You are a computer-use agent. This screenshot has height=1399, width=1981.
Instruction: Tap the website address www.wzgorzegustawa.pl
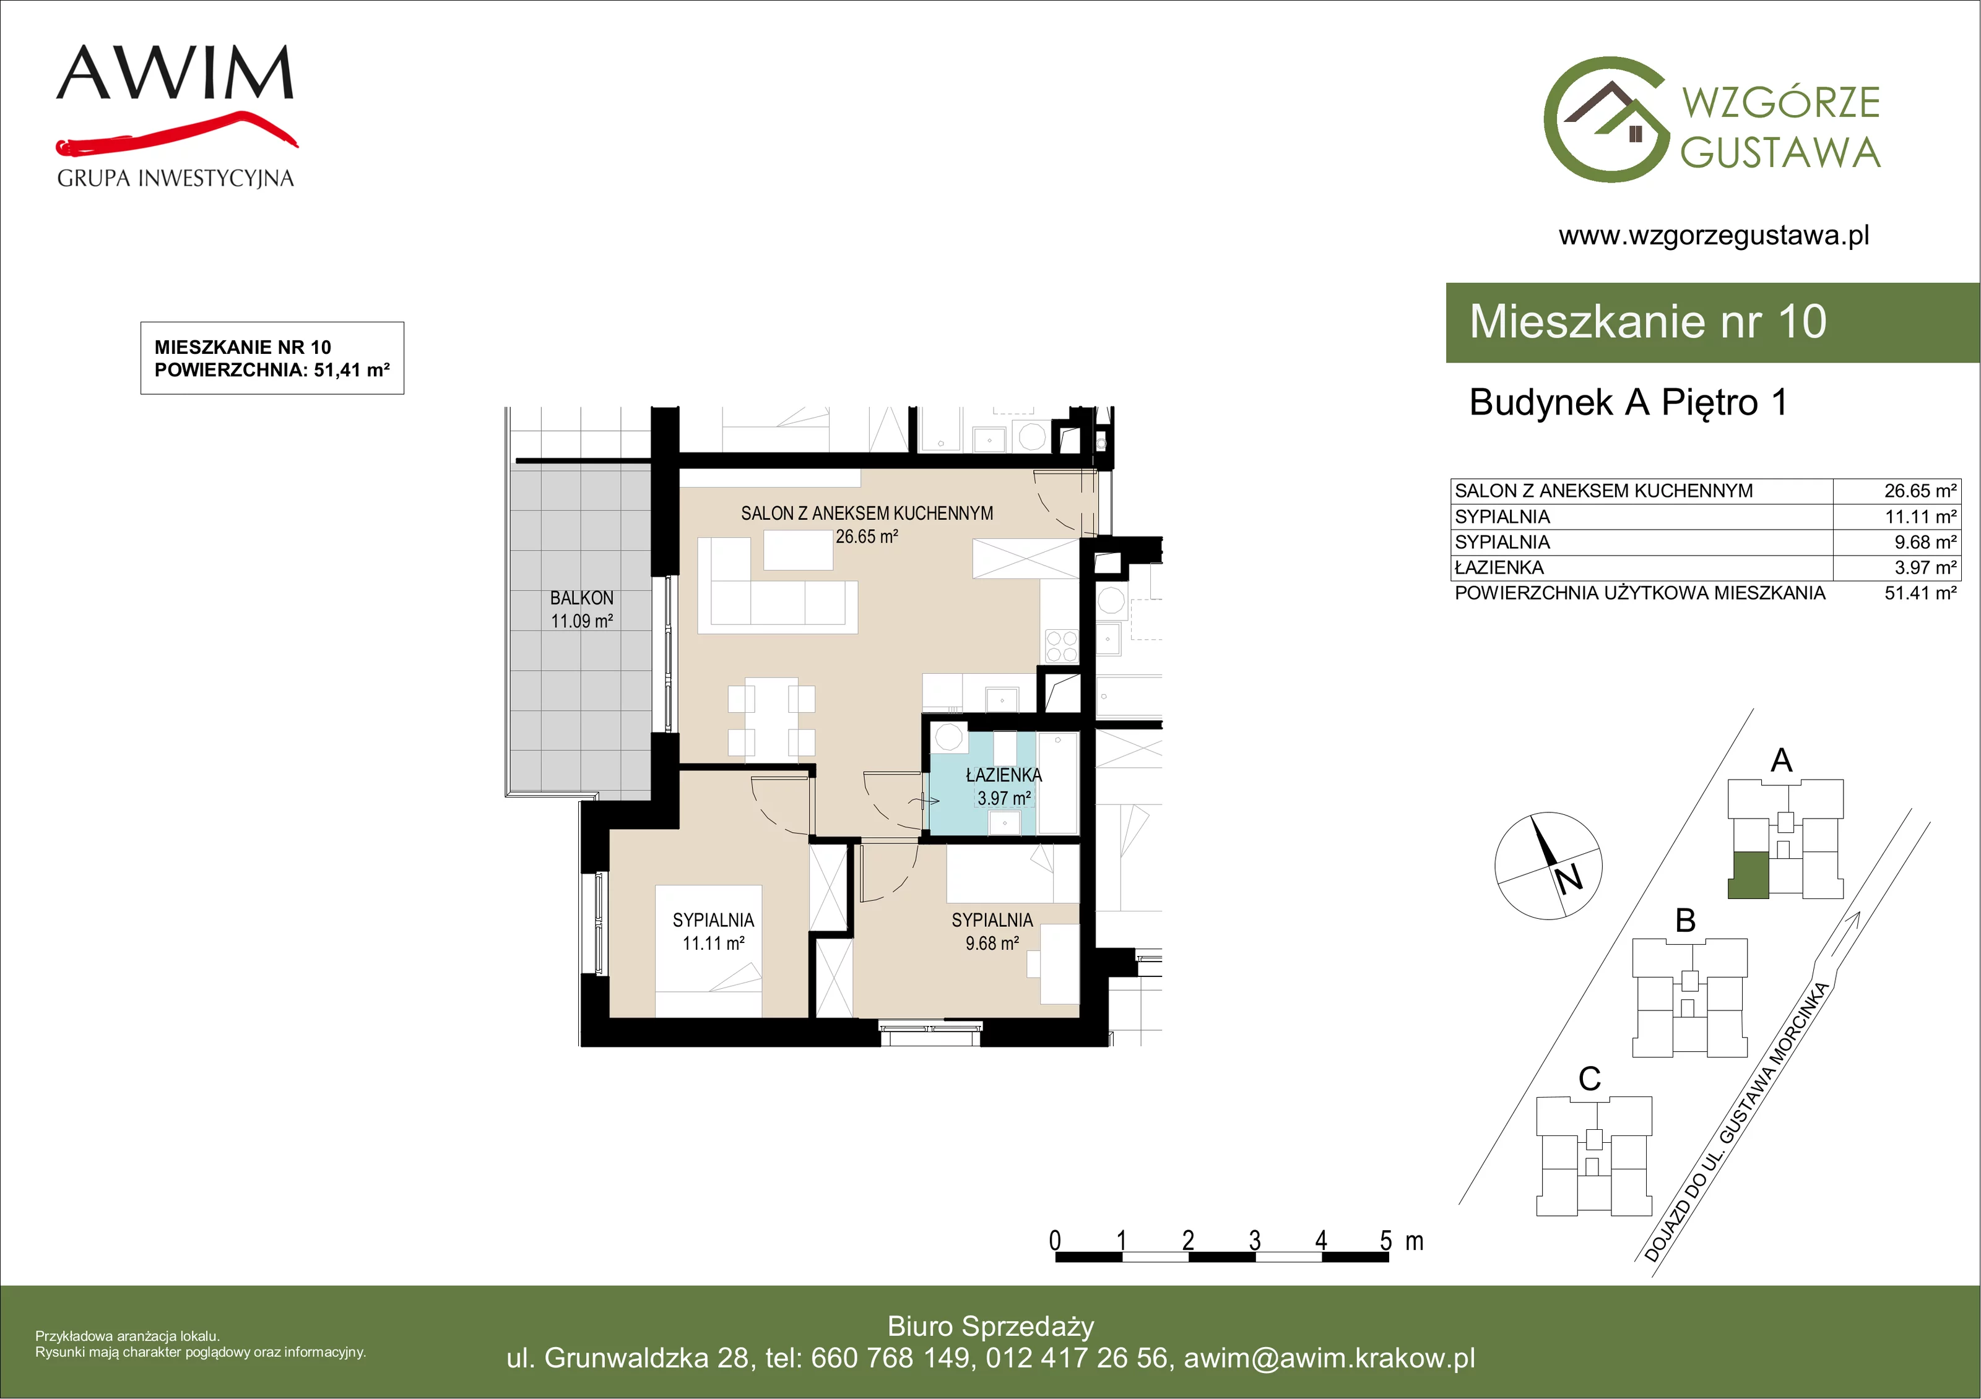point(1714,236)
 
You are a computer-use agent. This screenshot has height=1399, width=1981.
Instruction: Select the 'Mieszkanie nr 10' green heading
point(1648,322)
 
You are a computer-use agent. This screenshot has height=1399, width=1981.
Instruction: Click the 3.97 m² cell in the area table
point(1925,567)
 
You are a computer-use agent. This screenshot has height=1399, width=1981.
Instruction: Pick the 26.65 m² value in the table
point(1920,491)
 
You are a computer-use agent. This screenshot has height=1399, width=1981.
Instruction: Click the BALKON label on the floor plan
point(581,598)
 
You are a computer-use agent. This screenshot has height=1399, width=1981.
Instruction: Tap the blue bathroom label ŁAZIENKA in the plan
point(1004,775)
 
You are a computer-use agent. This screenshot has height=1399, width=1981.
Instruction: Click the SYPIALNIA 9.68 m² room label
point(992,931)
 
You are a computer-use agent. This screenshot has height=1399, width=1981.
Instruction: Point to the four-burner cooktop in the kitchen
point(1061,646)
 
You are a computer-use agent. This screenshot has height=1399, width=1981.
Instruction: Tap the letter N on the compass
point(1569,879)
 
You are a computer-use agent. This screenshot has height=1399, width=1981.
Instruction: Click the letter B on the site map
point(1685,920)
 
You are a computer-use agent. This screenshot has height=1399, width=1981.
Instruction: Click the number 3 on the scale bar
point(1254,1241)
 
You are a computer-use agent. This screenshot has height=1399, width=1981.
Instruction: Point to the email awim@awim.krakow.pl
point(1330,1358)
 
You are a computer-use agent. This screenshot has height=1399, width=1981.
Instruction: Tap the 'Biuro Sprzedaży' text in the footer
point(990,1327)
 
